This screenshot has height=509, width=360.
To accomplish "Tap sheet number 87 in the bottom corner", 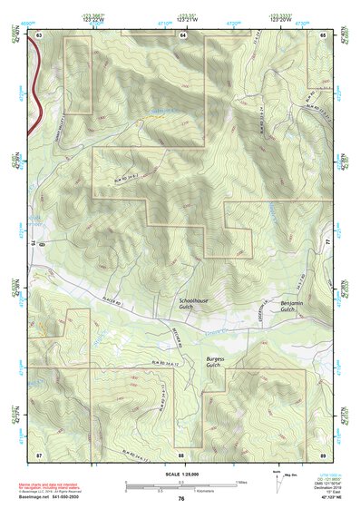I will click(39, 454).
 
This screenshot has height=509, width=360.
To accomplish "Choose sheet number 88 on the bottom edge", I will click(181, 454).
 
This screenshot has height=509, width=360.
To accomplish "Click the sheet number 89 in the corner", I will click(324, 454).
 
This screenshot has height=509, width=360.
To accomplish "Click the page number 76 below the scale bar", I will click(181, 499).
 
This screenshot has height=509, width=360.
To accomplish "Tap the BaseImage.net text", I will click(37, 495).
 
